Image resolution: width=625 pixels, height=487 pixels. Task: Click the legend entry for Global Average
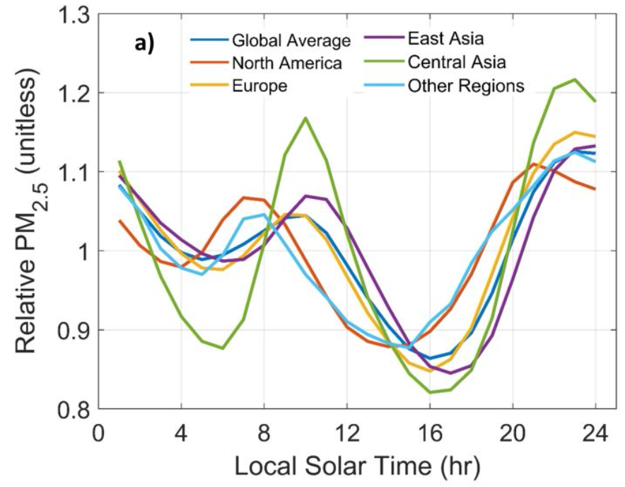click(x=291, y=40)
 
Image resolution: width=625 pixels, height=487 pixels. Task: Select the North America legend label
click(x=287, y=64)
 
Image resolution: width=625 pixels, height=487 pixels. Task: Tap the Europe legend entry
click(x=260, y=86)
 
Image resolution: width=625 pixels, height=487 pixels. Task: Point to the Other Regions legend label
click(x=466, y=86)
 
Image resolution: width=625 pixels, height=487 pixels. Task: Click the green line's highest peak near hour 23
click(x=575, y=79)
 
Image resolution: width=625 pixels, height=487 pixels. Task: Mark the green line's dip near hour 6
click(x=223, y=348)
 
